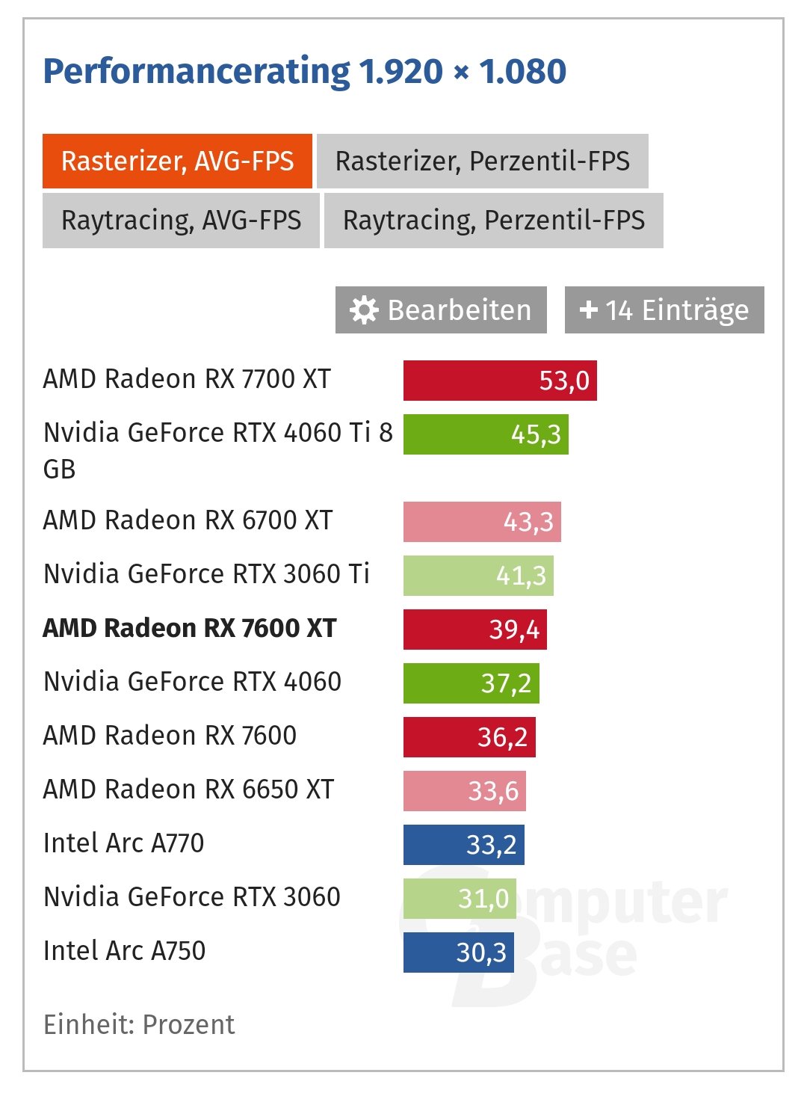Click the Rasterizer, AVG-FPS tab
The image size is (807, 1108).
pyautogui.click(x=177, y=161)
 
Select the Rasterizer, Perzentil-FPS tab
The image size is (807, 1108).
pyautogui.click(x=482, y=161)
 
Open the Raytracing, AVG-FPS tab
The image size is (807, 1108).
pyautogui.click(x=181, y=221)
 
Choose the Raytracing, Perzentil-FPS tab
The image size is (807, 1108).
pyautogui.click(x=493, y=221)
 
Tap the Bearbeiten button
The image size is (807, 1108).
pyautogui.click(x=441, y=310)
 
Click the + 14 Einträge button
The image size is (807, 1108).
pyautogui.click(x=664, y=310)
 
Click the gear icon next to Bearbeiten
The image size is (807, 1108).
pyautogui.click(x=364, y=310)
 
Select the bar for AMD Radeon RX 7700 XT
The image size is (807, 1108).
pyautogui.click(x=500, y=381)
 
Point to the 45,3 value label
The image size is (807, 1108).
pyautogui.click(x=536, y=434)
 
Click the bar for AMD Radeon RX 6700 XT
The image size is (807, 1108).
pyautogui.click(x=482, y=522)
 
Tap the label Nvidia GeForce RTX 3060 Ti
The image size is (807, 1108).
pyautogui.click(x=206, y=574)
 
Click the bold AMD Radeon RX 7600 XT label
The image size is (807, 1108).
pyautogui.click(x=190, y=628)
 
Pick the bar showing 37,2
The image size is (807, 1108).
pyautogui.click(x=471, y=683)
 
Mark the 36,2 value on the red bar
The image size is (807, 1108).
pyautogui.click(x=502, y=737)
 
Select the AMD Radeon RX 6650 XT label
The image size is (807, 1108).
pyautogui.click(x=188, y=790)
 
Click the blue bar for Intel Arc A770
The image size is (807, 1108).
pyautogui.click(x=463, y=845)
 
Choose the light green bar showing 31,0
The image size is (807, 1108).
pyautogui.click(x=459, y=899)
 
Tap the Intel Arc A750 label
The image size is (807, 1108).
pyautogui.click(x=124, y=951)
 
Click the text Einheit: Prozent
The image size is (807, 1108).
pyautogui.click(x=139, y=1024)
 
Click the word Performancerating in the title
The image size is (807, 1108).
pyautogui.click(x=197, y=72)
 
